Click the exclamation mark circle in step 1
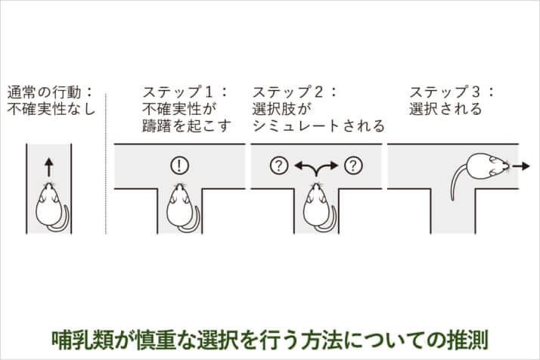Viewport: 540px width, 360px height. (x=179, y=166)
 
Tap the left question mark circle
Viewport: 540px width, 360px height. (x=279, y=166)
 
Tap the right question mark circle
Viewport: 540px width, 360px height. (x=353, y=166)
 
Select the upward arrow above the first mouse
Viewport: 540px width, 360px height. (x=49, y=167)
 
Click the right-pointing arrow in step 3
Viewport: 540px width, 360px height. (x=520, y=166)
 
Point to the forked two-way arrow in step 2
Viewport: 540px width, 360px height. (x=316, y=166)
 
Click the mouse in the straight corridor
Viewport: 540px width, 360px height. (x=51, y=206)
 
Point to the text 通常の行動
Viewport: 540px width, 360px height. (x=45, y=92)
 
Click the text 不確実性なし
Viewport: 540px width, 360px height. (x=51, y=109)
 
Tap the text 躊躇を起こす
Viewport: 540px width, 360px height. (x=186, y=126)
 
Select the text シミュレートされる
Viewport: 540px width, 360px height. (x=318, y=126)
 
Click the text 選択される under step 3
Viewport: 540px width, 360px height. (x=445, y=109)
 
